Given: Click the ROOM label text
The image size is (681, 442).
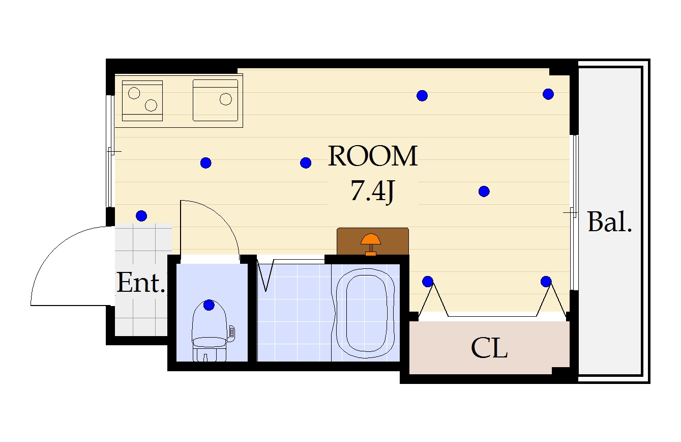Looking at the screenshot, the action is [373, 156].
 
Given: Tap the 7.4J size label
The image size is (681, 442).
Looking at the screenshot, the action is [373, 191].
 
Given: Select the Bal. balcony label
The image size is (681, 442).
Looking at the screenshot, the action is [610, 222].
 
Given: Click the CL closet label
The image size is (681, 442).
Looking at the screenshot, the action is [489, 348].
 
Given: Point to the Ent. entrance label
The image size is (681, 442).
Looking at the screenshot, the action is [141, 283].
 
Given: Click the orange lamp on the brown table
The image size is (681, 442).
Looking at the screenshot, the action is [371, 244].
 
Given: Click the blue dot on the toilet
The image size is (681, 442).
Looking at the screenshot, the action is [209, 305].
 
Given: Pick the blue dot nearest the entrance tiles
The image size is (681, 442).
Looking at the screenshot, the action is [141, 216].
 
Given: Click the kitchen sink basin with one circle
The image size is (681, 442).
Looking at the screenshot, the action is [215, 100].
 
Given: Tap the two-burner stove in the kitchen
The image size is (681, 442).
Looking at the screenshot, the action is [142, 101].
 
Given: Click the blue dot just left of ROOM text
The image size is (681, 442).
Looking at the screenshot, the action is [306, 163].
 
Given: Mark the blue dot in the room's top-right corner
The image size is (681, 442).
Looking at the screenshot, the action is [548, 94].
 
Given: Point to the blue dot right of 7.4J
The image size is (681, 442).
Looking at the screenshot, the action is [484, 191].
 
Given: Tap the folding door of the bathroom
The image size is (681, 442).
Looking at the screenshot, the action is [265, 275].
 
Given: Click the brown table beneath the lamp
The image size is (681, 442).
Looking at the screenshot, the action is [373, 241].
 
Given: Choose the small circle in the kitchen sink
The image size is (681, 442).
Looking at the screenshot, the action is [226, 99].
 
